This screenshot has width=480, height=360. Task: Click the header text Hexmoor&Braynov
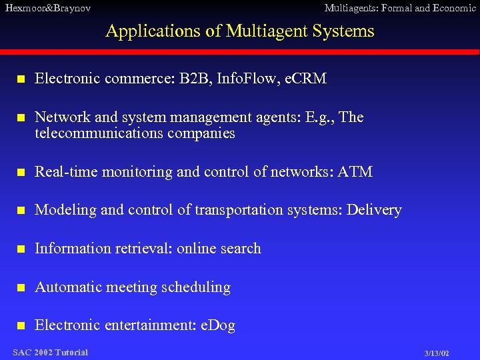coord(47,8)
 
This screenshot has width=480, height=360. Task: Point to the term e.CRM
coord(305,79)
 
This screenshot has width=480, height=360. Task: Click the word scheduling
coord(197,287)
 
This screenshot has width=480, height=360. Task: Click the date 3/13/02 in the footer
coord(437,353)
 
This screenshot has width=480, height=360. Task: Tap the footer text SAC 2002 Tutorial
coord(50,352)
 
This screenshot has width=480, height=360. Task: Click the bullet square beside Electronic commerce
coord(21,79)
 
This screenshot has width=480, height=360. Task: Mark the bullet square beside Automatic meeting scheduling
coord(21,288)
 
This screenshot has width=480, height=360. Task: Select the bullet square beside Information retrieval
coord(21,249)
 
